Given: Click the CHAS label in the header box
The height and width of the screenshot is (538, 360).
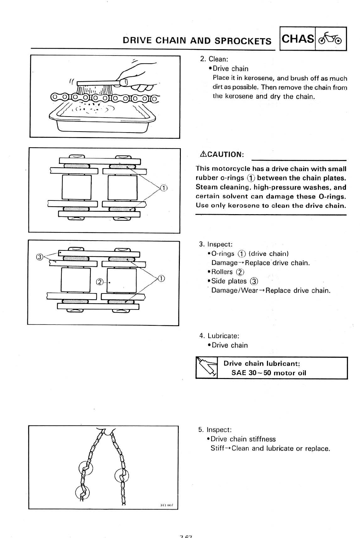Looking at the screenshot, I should (298, 39).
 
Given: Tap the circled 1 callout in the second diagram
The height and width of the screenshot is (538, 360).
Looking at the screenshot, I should (163, 188).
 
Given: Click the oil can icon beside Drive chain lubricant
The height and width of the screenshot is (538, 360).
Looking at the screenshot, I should (207, 368).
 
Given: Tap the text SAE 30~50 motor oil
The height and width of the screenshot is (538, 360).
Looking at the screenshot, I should (269, 373).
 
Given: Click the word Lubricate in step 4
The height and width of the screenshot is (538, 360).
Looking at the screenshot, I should (223, 336).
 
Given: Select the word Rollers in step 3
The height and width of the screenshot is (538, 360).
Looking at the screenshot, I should (222, 272).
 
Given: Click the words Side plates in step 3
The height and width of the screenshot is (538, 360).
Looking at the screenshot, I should (229, 281).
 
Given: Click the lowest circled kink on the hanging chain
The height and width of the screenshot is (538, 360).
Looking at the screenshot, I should (82, 493).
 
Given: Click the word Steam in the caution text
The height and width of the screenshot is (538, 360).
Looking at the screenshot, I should (206, 187).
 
